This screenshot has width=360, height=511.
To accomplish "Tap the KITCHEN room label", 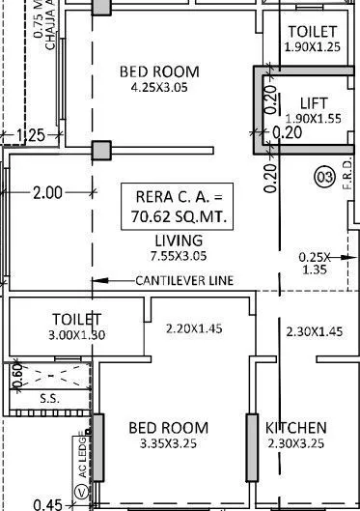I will tap(295, 428).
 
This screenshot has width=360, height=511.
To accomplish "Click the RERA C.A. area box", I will tap(178, 208).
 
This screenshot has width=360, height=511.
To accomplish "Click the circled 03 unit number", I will tap(324, 176).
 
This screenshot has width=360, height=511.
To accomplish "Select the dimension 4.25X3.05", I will tap(159, 88).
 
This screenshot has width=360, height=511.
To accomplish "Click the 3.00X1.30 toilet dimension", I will tap(75, 335).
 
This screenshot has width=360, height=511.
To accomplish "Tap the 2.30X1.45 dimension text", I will tap(315, 331).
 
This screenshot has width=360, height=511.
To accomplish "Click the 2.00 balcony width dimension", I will tap(47, 192).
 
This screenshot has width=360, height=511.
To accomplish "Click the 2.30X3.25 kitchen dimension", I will tap(295, 445).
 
